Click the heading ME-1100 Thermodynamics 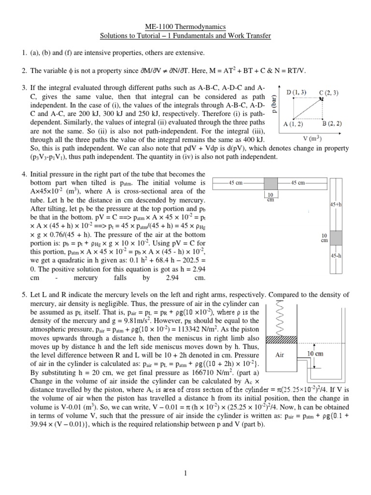pyautogui.click(x=185, y=28)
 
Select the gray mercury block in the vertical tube pyautogui.click(x=336, y=237)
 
